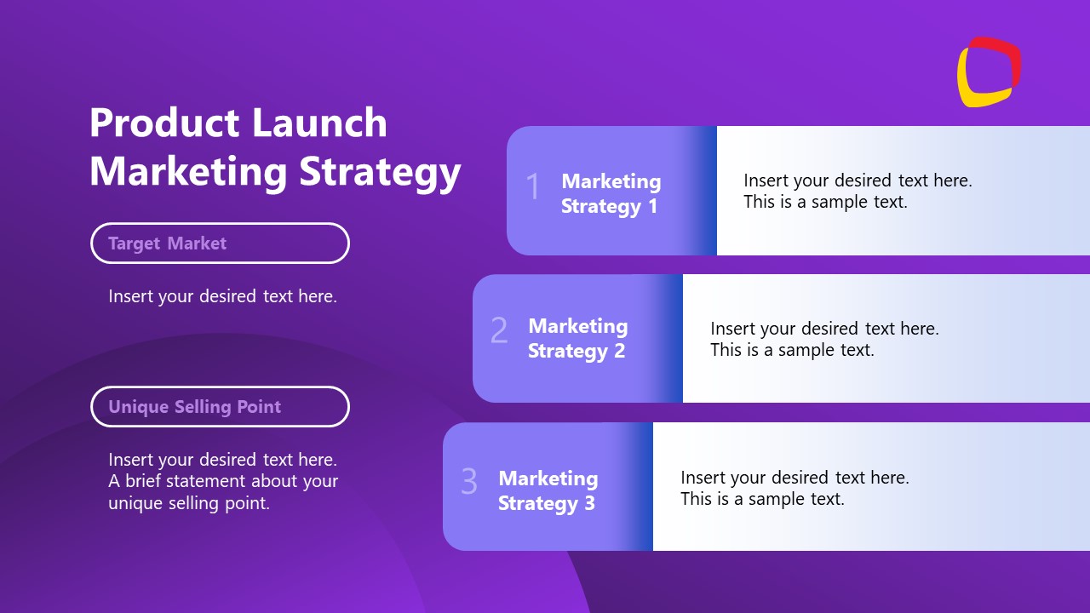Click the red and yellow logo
click(x=989, y=72)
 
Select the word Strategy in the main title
click(x=380, y=171)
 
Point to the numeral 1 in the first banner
click(x=533, y=186)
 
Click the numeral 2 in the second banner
click(x=499, y=330)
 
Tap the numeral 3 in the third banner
click(x=469, y=481)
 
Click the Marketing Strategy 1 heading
click(x=611, y=193)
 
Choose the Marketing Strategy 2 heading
click(x=577, y=338)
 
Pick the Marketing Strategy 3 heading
click(x=548, y=490)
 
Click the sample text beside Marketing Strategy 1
click(x=857, y=191)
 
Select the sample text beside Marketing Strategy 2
click(x=824, y=339)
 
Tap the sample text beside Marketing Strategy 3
click(x=794, y=488)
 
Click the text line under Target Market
click(x=222, y=296)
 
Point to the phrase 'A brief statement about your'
click(x=223, y=481)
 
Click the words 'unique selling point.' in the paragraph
click(x=188, y=503)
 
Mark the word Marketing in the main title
click(x=188, y=171)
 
